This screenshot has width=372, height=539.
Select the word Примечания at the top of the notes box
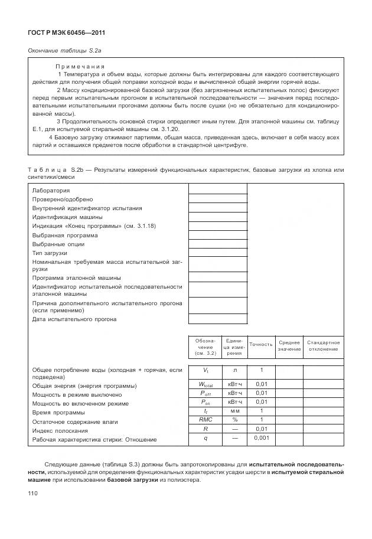(x=80, y=67)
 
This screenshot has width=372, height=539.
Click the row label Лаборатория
(x=51, y=191)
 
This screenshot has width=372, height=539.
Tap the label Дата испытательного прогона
(x=74, y=319)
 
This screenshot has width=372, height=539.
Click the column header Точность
(x=261, y=344)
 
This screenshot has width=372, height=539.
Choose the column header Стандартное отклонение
(x=323, y=346)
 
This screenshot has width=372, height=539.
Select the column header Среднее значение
(x=289, y=346)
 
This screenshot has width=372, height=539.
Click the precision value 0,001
(x=261, y=438)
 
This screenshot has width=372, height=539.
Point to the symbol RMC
(x=205, y=420)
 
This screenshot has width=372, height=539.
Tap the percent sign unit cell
(x=234, y=420)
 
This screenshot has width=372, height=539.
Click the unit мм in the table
(x=234, y=411)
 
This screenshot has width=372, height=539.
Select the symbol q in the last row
(x=205, y=438)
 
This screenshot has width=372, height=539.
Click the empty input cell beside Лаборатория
(x=217, y=190)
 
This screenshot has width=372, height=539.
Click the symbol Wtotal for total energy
(x=205, y=384)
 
